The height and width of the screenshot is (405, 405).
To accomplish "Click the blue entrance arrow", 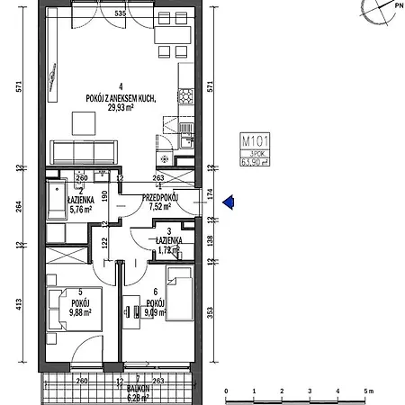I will (229, 203).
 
